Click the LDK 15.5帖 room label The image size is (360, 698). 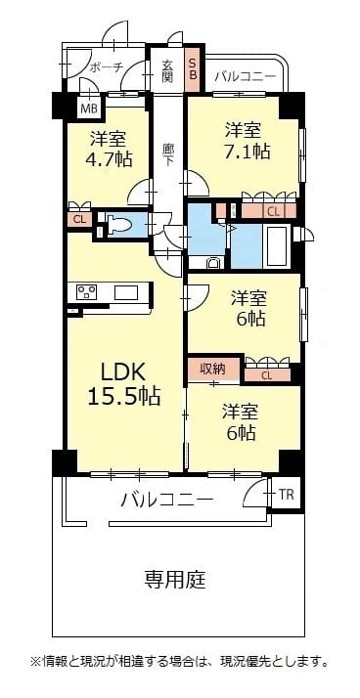pyautogui.click(x=123, y=382)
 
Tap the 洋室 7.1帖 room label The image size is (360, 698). pyautogui.click(x=247, y=141)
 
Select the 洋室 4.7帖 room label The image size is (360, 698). pyautogui.click(x=110, y=149)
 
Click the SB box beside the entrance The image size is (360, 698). pyautogui.click(x=193, y=68)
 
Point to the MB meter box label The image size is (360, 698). pyautogui.click(x=89, y=108)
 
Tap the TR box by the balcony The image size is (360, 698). pyautogui.click(x=286, y=495)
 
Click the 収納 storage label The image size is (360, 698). pyautogui.click(x=212, y=369)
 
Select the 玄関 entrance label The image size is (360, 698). pyautogui.click(x=167, y=69)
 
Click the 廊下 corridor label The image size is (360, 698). pyautogui.click(x=167, y=154)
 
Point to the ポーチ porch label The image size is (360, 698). pyautogui.click(x=106, y=67)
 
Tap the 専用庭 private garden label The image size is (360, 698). pyautogui.click(x=175, y=580)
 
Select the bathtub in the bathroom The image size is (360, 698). pyautogui.click(x=277, y=246)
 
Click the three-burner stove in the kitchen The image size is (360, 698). pyautogui.click(x=87, y=293)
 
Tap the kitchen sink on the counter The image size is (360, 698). pyautogui.click(x=126, y=293)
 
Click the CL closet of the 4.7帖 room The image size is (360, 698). pyautogui.click(x=80, y=219)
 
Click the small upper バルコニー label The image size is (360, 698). pyautogui.click(x=245, y=76)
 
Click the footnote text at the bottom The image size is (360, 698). pyautogui.click(x=180, y=661)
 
